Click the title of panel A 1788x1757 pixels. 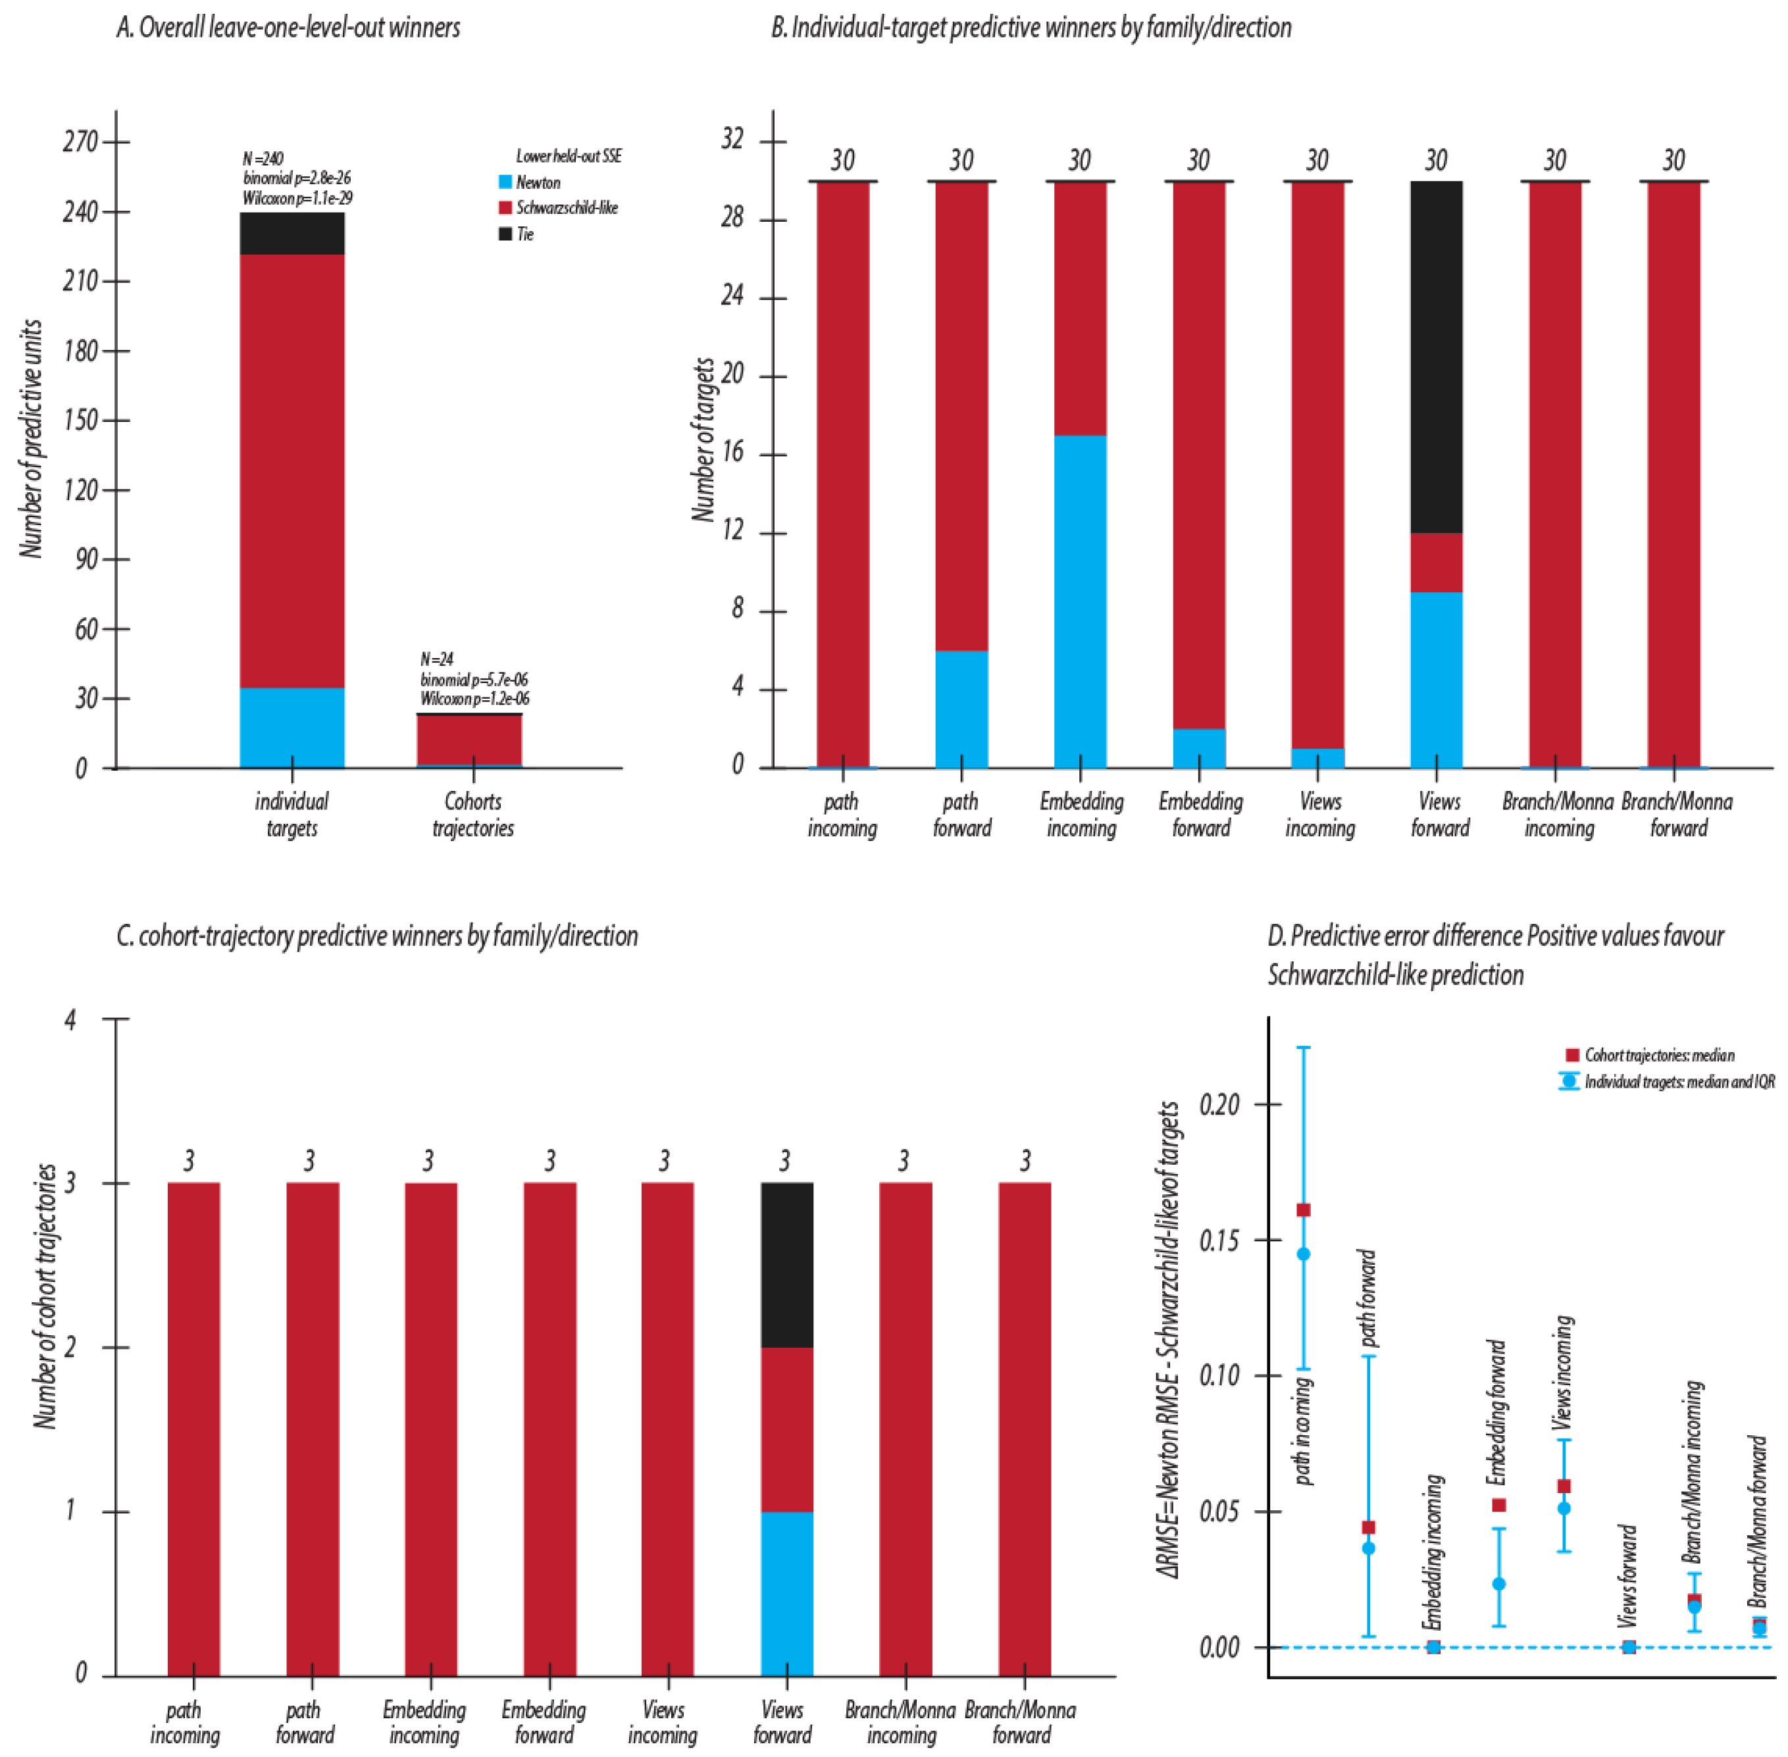(x=288, y=28)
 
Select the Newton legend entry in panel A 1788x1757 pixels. (x=530, y=183)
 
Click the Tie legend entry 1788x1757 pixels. (x=516, y=234)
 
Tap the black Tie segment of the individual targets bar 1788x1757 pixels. (x=292, y=234)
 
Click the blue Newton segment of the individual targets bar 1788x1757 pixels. (x=292, y=728)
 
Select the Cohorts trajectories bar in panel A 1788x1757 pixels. (x=470, y=741)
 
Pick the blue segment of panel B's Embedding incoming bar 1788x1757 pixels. (x=1081, y=601)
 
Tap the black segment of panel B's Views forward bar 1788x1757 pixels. (x=1437, y=357)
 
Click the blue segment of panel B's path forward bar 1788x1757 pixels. (x=961, y=709)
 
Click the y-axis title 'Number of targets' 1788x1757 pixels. (x=704, y=440)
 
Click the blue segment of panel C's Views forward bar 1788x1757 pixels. (x=787, y=1594)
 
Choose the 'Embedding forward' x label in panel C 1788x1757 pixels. (x=544, y=1722)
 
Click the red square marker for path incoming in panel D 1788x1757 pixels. (x=1304, y=1210)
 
